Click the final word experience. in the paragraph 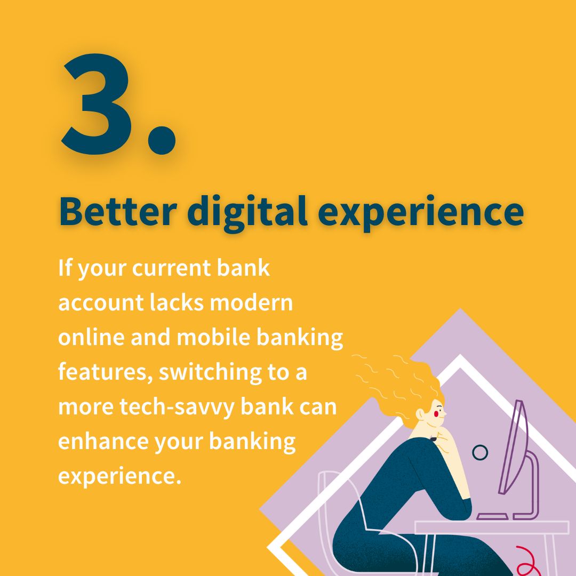coord(116,476)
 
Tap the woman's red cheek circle coord(439,412)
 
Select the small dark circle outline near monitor coord(480,453)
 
